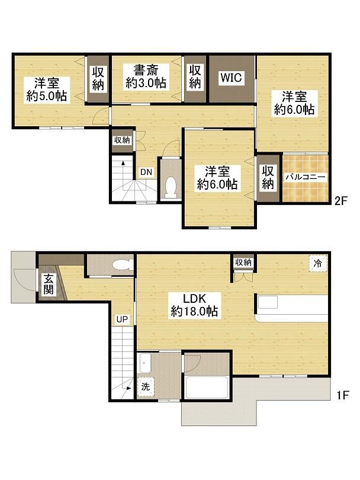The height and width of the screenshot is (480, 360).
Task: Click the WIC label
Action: (x=232, y=78)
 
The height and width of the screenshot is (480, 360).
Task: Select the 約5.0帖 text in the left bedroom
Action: (x=47, y=96)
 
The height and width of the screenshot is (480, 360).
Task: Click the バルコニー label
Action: (x=306, y=177)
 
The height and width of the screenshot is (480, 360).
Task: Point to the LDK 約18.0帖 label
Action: (x=194, y=305)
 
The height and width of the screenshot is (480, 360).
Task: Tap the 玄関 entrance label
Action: (x=49, y=284)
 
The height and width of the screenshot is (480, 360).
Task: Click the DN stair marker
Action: (x=146, y=172)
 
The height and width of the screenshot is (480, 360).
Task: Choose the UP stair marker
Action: (x=121, y=319)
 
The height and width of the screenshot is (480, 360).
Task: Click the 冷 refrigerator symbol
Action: (x=318, y=263)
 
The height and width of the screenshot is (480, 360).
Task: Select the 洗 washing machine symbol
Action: (x=146, y=387)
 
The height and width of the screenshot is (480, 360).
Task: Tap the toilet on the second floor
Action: (x=171, y=187)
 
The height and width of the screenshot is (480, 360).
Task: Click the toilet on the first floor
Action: (x=123, y=264)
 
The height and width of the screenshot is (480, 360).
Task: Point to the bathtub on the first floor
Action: (x=207, y=387)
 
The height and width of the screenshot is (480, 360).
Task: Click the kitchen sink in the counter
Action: (x=268, y=302)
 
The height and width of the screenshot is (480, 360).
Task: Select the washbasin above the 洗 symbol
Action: (x=145, y=363)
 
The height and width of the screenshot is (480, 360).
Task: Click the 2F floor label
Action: (x=341, y=201)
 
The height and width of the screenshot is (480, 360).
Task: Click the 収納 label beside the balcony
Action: (x=268, y=177)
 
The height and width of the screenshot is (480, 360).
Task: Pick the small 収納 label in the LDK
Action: (x=243, y=263)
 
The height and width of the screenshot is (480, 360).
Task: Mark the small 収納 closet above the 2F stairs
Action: (x=122, y=140)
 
